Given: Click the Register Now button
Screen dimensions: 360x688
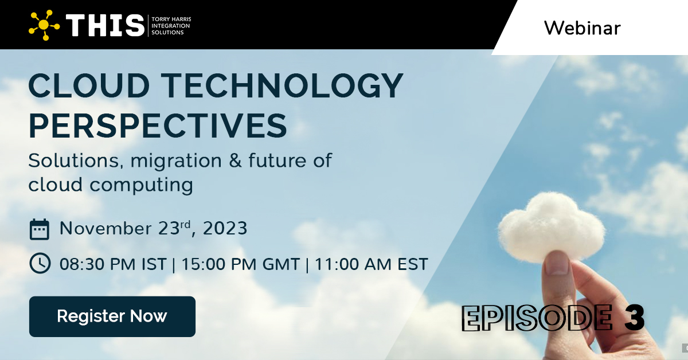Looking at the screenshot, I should coord(112,316).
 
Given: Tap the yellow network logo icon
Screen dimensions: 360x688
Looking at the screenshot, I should coord(44,25).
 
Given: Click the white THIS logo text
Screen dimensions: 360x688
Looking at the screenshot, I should coord(105,25).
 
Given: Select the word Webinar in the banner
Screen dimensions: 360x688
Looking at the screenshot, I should coord(582,28).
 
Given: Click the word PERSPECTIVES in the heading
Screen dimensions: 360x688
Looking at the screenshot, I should coord(158,126).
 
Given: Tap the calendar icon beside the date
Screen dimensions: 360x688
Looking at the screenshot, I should coord(40,229).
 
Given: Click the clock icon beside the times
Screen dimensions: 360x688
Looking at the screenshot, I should coord(40,264).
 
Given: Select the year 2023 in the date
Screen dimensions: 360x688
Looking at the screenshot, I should coord(224,229).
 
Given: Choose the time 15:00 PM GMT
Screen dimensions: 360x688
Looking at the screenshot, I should coord(240,264).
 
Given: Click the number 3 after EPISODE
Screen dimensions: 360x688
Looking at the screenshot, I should coord(634,318).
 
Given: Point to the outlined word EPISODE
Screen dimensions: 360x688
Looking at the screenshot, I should coord(536,318).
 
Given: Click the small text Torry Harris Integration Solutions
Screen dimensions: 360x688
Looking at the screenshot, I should coord(170,26).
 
